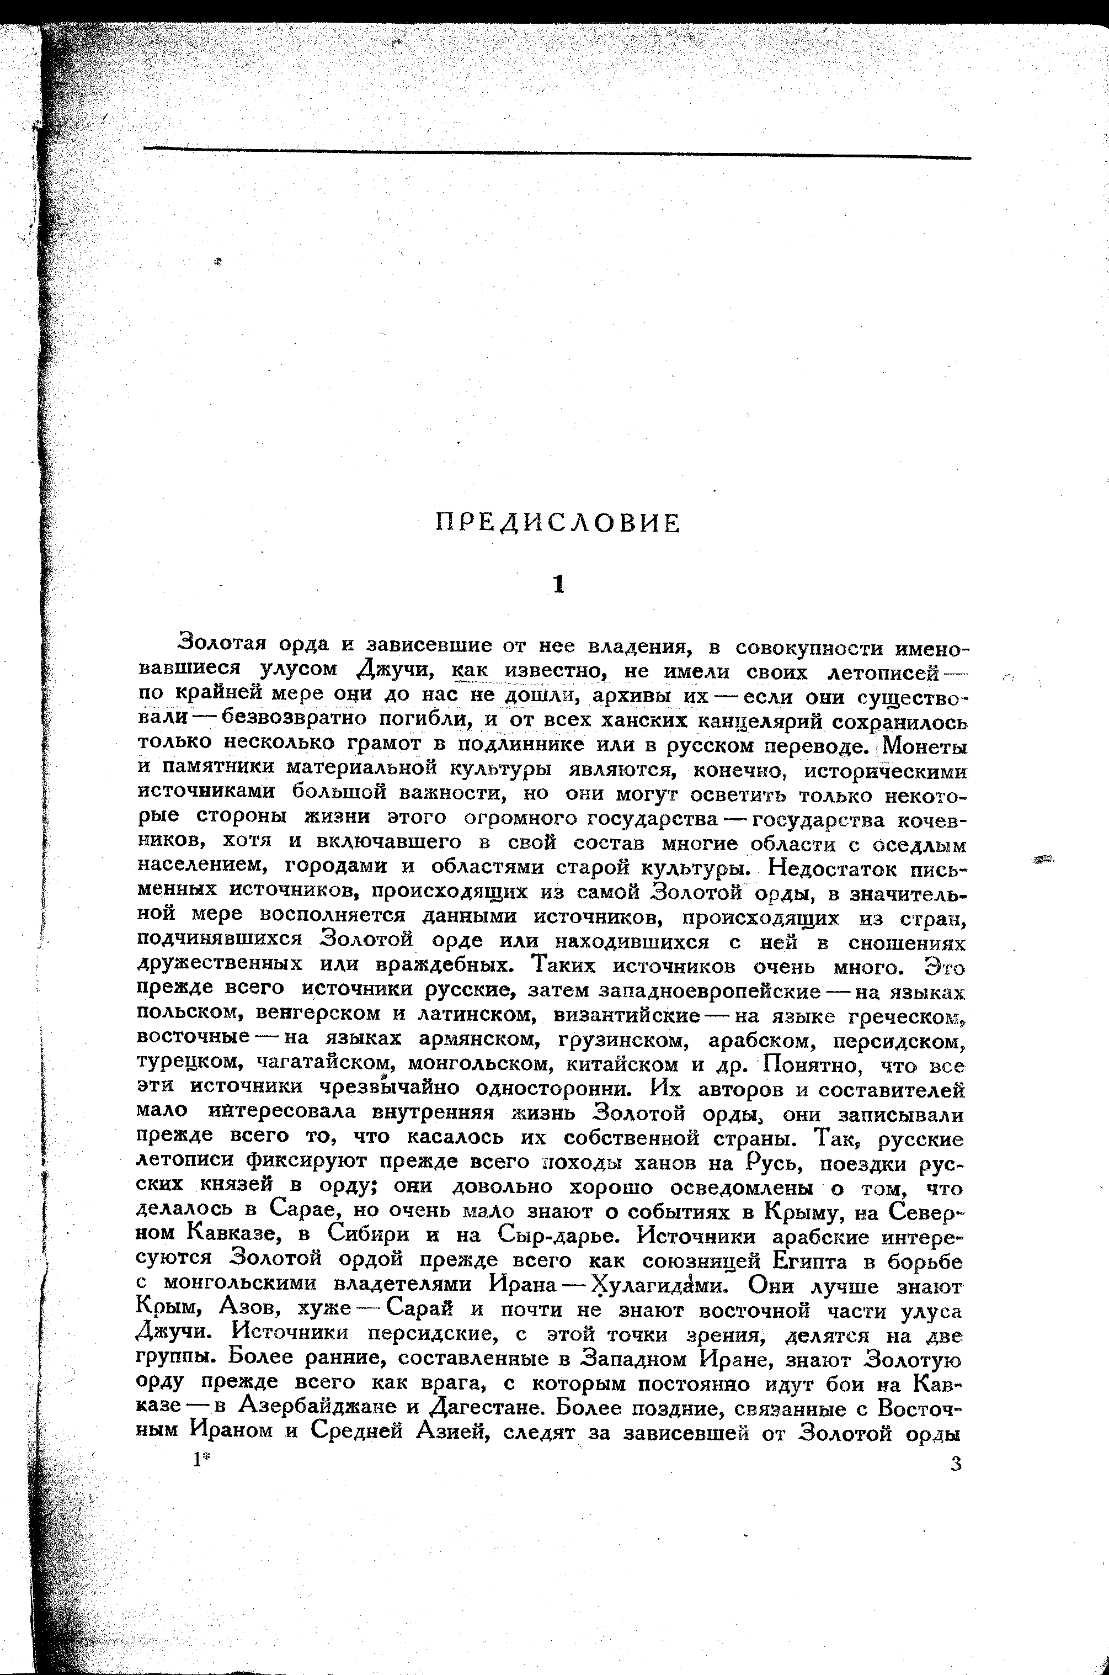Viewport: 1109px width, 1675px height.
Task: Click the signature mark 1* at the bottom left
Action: (x=201, y=1460)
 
